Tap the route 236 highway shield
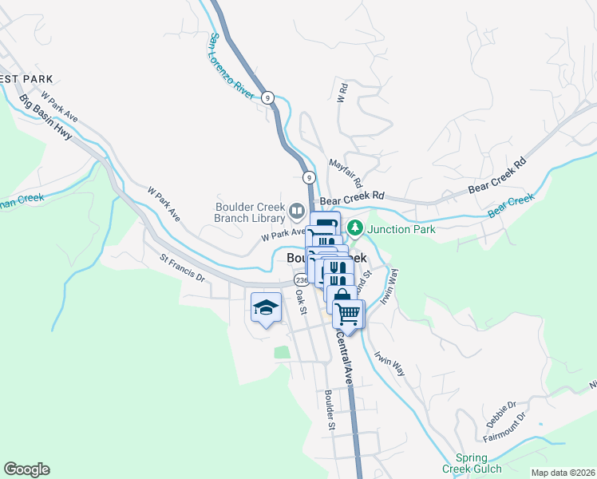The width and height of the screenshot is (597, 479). pos(301,280)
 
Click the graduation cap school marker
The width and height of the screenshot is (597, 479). pos(265,307)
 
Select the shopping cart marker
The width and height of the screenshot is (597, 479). pos(348,314)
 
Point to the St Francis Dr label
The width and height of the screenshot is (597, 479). pos(182,269)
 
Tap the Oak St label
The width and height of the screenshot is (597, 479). pos(301,302)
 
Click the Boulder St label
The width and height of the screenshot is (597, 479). pos(329,410)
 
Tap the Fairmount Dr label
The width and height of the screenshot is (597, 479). pos(505,428)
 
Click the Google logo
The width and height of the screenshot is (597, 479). pos(26,469)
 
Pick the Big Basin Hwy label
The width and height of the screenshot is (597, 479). pos(46,117)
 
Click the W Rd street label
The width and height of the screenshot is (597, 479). pos(341,93)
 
